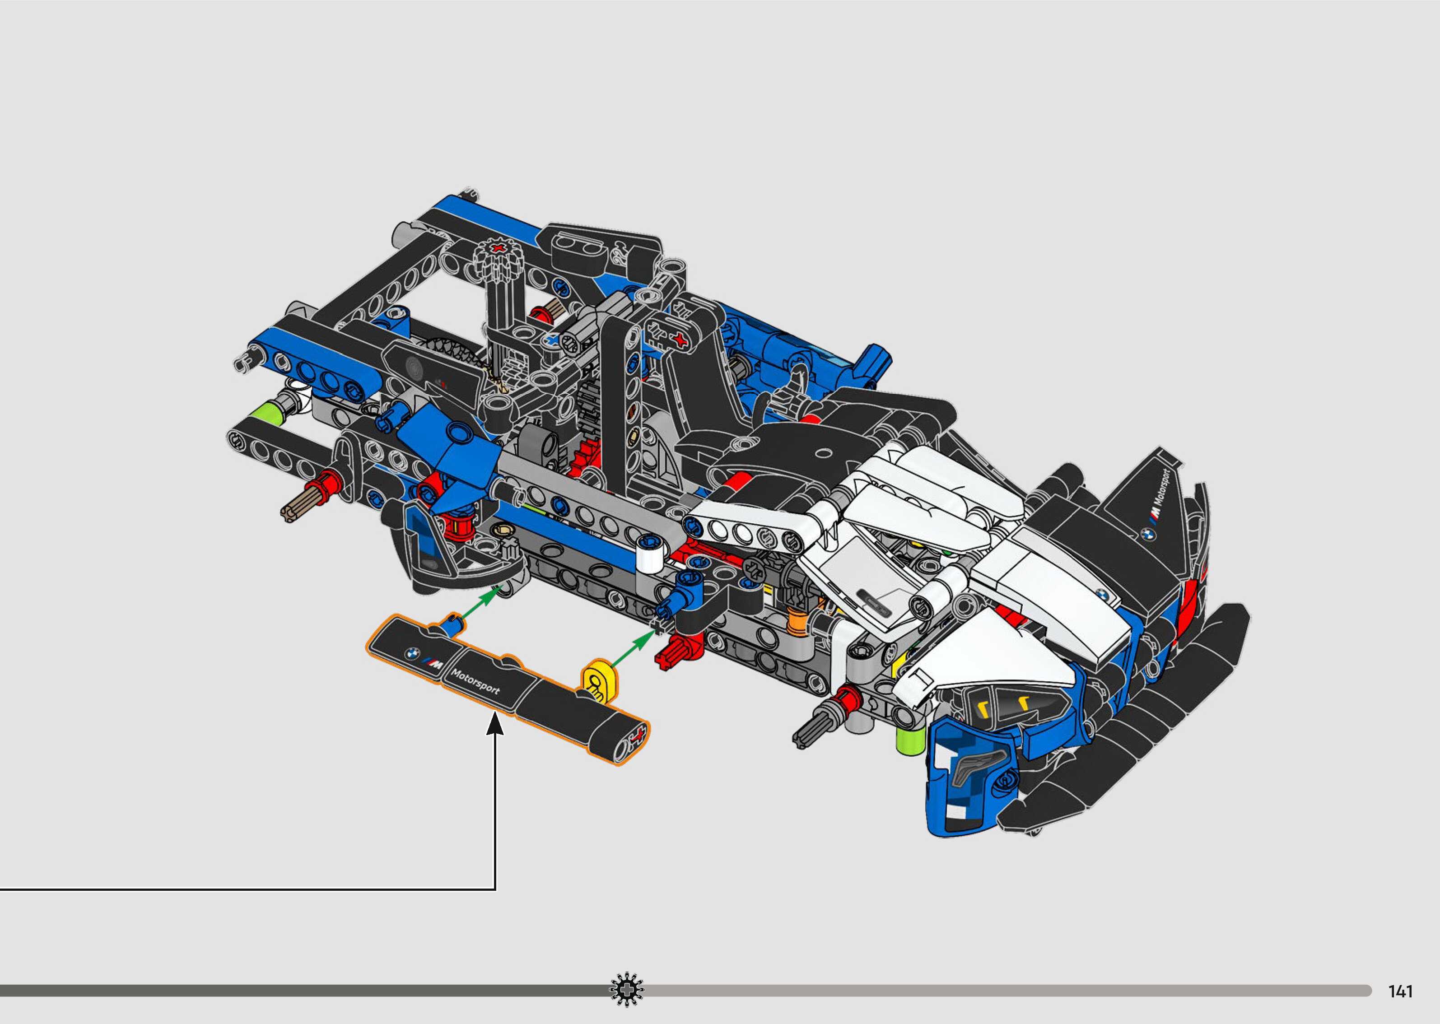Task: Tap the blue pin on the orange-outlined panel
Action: pyautogui.click(x=452, y=625)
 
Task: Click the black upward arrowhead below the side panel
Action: pyautogui.click(x=495, y=723)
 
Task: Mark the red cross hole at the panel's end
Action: pyautogui.click(x=638, y=735)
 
